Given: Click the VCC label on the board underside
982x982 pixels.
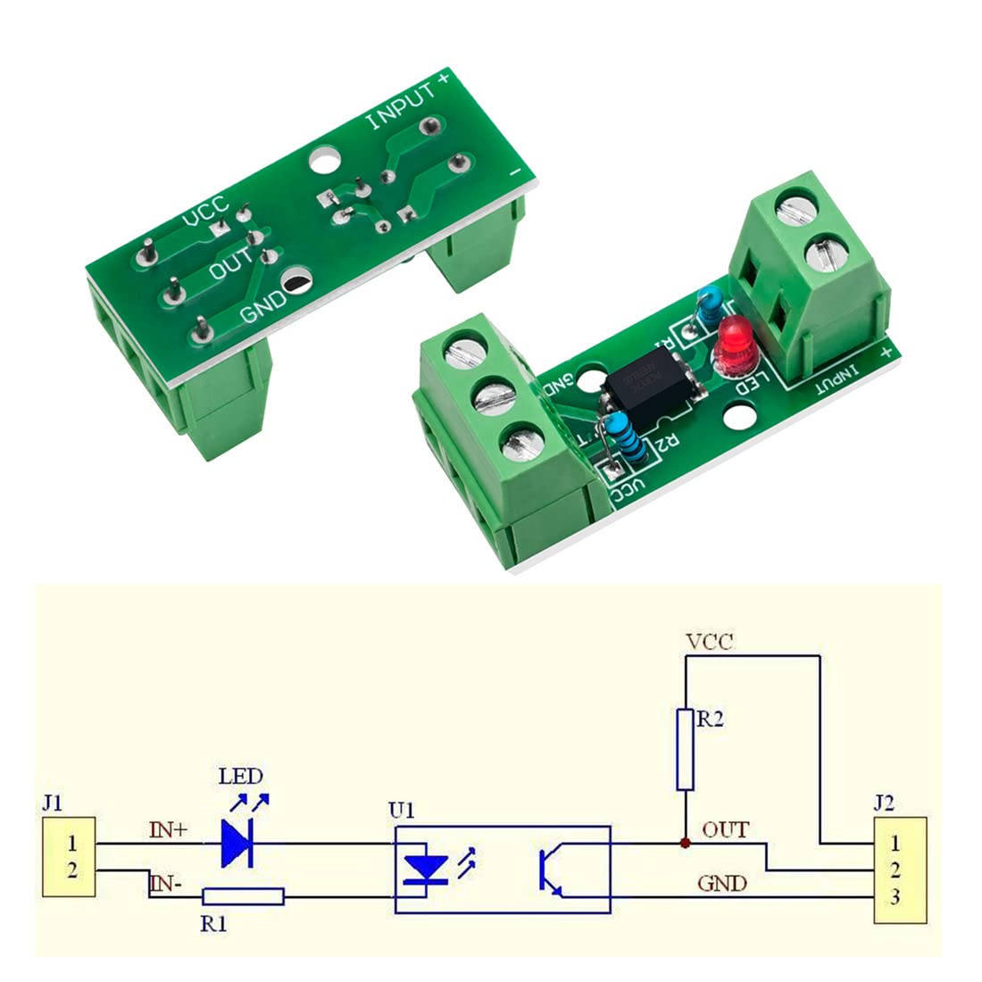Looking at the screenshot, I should (x=206, y=211).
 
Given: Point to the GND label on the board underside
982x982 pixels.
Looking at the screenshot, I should (x=264, y=304).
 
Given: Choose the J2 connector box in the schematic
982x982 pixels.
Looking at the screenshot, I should (x=899, y=870).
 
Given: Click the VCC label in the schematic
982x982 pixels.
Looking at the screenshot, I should (x=710, y=641).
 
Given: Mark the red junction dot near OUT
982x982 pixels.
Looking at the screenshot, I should (x=685, y=843).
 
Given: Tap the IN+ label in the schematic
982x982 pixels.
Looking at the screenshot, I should (x=168, y=830).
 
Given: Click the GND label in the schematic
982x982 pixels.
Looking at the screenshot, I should (x=721, y=883).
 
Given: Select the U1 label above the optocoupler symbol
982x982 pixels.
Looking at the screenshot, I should (x=402, y=811).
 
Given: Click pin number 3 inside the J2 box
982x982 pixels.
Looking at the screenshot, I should (x=895, y=897).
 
